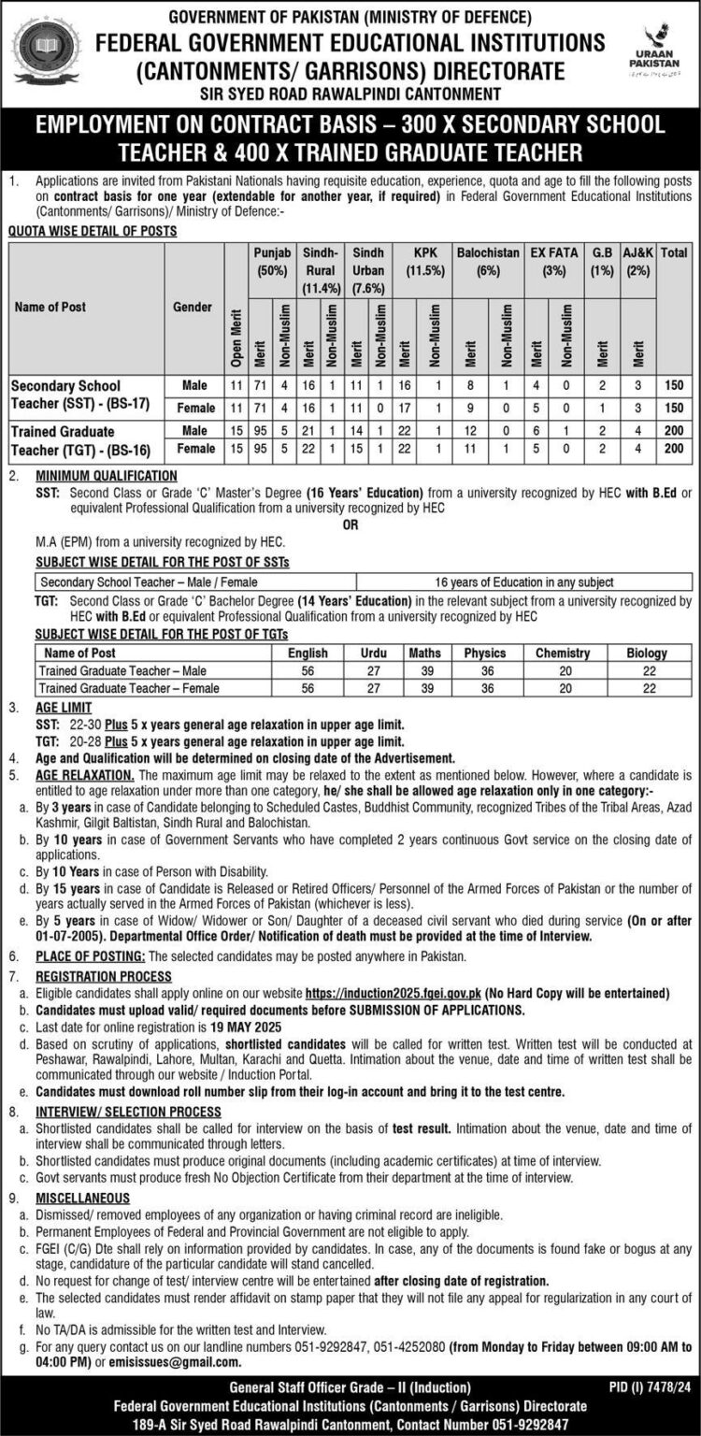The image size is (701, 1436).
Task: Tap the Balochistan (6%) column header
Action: tap(489, 261)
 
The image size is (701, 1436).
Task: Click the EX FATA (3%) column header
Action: tap(555, 261)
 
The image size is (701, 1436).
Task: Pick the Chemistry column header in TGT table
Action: tap(562, 653)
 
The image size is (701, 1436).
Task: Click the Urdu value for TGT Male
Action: tap(373, 670)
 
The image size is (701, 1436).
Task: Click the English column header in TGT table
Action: tap(308, 653)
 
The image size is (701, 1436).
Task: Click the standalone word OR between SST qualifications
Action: tap(350, 525)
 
